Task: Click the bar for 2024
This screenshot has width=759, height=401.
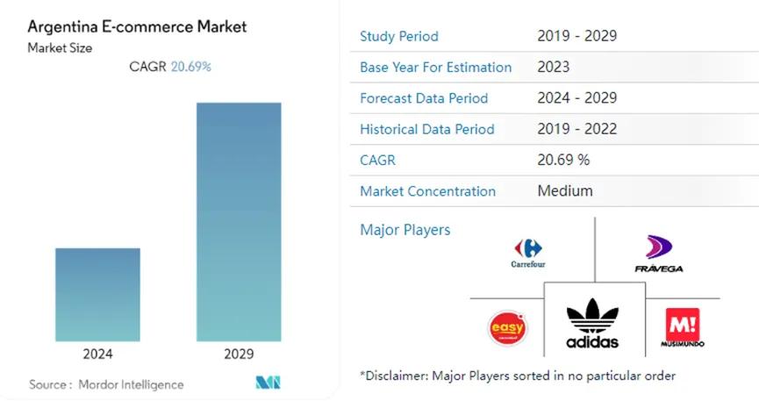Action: [97, 294]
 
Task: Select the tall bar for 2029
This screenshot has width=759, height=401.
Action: [239, 222]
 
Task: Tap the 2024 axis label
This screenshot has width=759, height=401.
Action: [97, 354]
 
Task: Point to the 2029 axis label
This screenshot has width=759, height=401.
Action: [239, 354]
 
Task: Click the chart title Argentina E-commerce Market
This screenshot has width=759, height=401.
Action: [137, 26]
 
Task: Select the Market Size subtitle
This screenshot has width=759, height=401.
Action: [59, 47]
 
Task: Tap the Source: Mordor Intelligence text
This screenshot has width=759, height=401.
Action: [106, 384]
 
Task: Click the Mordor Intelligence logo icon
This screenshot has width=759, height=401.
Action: [268, 383]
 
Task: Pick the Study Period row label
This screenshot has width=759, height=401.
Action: [399, 36]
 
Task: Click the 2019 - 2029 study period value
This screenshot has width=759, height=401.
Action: [576, 36]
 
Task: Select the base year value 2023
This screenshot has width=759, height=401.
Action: [553, 67]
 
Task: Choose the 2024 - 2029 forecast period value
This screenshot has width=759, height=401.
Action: [576, 98]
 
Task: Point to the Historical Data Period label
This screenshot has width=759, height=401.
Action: [427, 129]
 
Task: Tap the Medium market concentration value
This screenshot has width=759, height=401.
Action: [564, 190]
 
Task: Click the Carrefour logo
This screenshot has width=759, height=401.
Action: [527, 252]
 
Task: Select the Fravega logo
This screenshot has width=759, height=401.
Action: [658, 254]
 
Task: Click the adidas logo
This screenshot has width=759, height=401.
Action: [592, 324]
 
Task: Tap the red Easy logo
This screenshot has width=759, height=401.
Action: [507, 328]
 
